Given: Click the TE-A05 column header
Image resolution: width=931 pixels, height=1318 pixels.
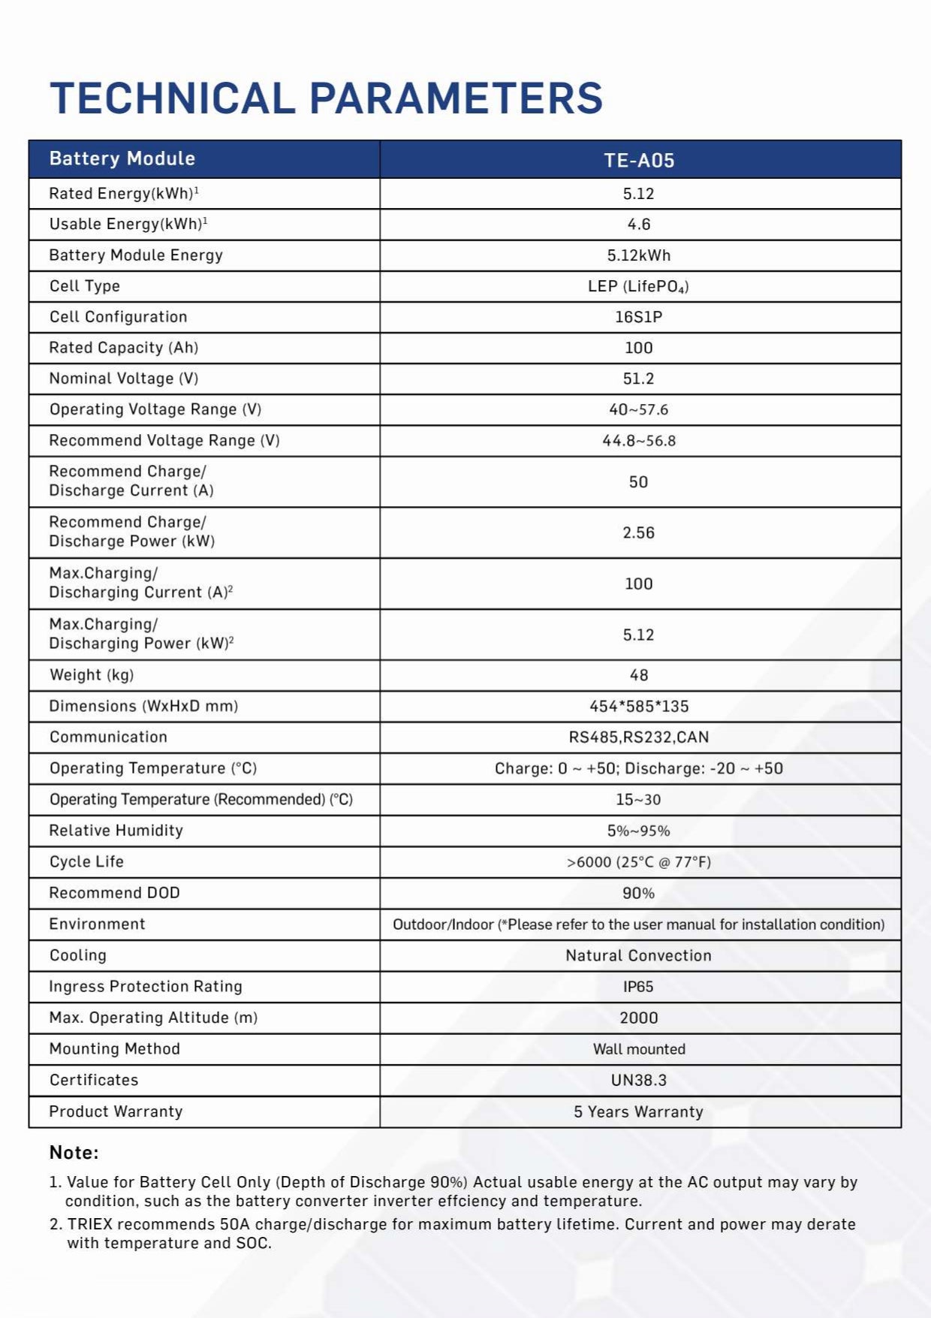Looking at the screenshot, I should click(x=639, y=160).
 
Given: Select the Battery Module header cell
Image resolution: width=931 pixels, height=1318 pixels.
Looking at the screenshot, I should click(x=122, y=158).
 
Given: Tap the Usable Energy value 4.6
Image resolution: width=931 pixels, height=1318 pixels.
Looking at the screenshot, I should click(x=639, y=225).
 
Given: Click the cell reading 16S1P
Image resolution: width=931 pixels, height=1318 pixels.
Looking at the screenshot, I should click(x=639, y=317).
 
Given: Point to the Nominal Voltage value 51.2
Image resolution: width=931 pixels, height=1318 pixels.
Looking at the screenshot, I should click(x=639, y=379).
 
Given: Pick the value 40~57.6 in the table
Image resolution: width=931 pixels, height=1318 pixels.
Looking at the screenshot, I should click(x=639, y=409).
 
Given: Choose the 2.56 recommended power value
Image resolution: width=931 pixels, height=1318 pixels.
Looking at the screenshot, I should click(x=639, y=532).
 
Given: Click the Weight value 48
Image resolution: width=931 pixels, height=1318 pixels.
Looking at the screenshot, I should click(x=639, y=675).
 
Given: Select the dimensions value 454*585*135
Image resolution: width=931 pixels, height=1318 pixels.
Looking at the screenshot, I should click(x=639, y=706).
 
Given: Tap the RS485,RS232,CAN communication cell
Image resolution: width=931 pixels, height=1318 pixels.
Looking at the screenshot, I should click(x=639, y=737).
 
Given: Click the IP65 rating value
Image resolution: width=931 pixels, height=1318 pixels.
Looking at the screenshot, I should click(x=639, y=987).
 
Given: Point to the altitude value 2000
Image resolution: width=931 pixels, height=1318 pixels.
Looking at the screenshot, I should click(x=639, y=1018).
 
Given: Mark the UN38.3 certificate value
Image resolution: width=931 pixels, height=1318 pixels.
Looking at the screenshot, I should click(x=639, y=1080).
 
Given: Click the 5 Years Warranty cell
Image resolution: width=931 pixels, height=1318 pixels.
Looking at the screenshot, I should click(x=639, y=1111).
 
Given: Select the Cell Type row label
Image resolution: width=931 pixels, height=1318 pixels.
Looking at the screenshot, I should click(x=85, y=286).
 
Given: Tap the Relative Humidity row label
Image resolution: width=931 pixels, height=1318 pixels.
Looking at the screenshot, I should click(x=116, y=831).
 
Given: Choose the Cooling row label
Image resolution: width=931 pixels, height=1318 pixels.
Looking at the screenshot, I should click(x=78, y=955).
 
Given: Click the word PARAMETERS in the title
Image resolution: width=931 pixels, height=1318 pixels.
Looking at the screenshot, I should click(x=456, y=98).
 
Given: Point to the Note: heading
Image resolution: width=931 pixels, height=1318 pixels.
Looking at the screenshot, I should click(x=74, y=1153).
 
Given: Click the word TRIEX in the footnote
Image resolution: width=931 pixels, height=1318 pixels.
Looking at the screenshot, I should click(x=90, y=1224).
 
